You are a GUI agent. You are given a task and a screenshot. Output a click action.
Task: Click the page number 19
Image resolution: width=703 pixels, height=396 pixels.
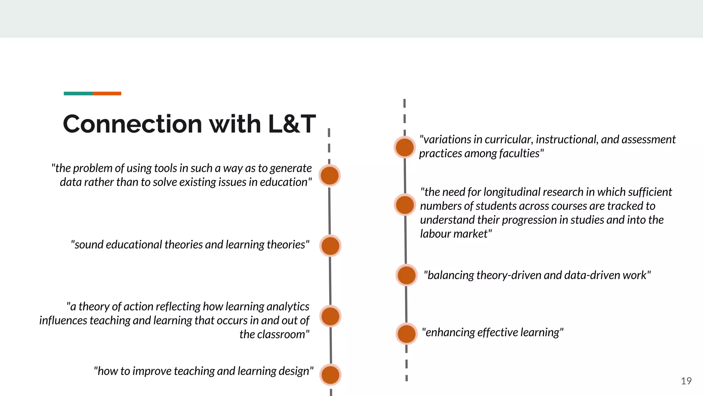pos(686,381)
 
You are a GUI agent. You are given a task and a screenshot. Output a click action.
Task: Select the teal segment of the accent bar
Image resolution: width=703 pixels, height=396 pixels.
pos(78,93)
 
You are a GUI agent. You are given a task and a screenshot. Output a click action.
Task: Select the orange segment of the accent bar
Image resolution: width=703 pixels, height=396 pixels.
pos(107,93)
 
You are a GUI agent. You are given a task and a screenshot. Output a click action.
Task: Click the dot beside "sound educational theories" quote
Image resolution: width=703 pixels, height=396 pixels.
pos(330,246)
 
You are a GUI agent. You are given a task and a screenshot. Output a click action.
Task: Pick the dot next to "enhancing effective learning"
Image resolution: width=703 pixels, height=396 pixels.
pos(406,333)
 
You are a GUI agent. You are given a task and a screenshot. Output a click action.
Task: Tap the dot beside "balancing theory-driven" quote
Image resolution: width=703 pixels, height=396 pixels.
pos(406,275)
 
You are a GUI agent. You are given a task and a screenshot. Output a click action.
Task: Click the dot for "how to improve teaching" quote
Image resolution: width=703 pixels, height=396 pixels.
pos(331,375)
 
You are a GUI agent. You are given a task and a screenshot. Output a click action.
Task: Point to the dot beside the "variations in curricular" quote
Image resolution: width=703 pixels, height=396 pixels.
pos(405,147)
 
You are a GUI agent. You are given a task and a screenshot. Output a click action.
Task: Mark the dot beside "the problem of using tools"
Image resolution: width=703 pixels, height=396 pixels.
pos(330,175)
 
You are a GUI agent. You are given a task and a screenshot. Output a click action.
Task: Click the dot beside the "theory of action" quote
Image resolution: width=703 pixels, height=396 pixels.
pos(330,316)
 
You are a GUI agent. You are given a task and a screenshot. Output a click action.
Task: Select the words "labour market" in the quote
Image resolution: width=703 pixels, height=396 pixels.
pos(456,234)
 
